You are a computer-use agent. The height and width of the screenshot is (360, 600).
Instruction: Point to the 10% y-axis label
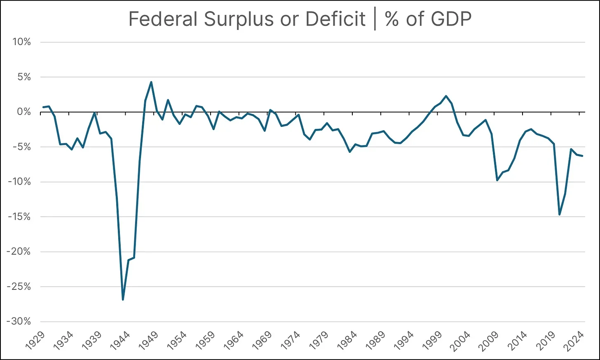pyautogui.click(x=21, y=42)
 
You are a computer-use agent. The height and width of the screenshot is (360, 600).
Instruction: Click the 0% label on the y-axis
pyautogui.click(x=23, y=112)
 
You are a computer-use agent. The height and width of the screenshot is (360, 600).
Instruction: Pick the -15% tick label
pyautogui.click(x=19, y=217)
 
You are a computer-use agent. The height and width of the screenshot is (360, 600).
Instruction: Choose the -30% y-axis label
pyautogui.click(x=19, y=322)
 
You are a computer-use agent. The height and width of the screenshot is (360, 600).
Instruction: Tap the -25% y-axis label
pyautogui.click(x=19, y=287)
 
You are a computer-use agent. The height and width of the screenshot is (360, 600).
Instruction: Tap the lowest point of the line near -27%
pyautogui.click(x=123, y=299)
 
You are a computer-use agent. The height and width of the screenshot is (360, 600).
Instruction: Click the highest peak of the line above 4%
pyautogui.click(x=151, y=82)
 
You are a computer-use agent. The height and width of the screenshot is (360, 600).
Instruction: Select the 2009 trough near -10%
pyautogui.click(x=497, y=180)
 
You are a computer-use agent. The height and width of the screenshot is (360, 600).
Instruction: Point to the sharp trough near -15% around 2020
pyautogui.click(x=560, y=215)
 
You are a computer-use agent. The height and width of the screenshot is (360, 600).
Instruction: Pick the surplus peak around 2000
pyautogui.click(x=446, y=96)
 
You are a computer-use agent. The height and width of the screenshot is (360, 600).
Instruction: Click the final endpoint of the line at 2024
pyautogui.click(x=582, y=156)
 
